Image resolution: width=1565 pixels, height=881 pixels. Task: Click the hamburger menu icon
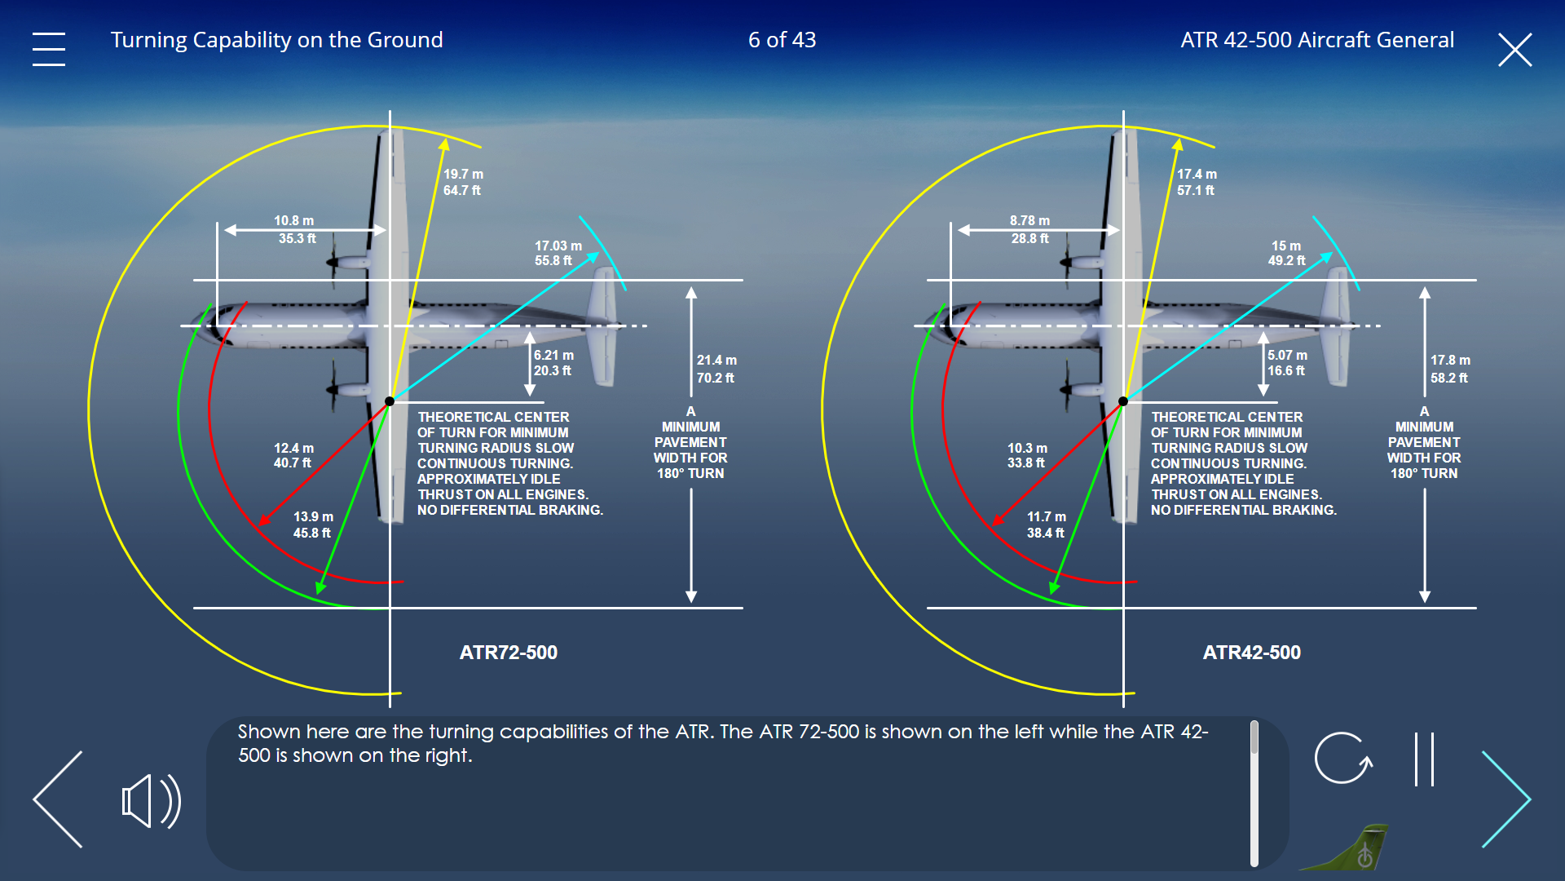pos(49,49)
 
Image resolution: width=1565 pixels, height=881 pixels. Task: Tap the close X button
pos(1515,50)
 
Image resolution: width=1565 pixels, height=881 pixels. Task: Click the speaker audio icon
pos(152,801)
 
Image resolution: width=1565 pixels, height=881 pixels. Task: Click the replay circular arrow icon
pos(1343,758)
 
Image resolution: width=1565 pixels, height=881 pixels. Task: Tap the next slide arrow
pos(1506,799)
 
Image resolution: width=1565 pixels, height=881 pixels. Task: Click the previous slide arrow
pos(58,799)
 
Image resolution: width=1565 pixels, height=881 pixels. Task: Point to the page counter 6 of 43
pos(782,40)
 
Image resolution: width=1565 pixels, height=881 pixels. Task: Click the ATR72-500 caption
pos(509,653)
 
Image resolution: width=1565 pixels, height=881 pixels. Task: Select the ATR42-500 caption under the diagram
pos(1252,653)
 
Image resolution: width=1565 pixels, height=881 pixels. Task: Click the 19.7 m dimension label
pos(463,174)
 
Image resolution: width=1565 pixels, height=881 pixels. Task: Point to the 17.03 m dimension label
pos(558,246)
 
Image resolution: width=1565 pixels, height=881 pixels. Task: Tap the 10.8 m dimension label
pos(293,220)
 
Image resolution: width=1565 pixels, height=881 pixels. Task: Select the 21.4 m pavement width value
pos(716,360)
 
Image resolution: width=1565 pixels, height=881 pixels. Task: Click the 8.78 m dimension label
pos(1029,220)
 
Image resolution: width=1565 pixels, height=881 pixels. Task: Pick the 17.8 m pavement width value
pos(1450,360)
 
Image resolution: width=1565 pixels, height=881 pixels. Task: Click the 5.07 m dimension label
pos(1287,355)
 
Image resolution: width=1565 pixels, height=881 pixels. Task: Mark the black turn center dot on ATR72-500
pos(390,401)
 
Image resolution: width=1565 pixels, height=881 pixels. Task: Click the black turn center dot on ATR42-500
pos(1123,401)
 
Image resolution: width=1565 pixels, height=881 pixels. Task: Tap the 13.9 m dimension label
pos(313,516)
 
